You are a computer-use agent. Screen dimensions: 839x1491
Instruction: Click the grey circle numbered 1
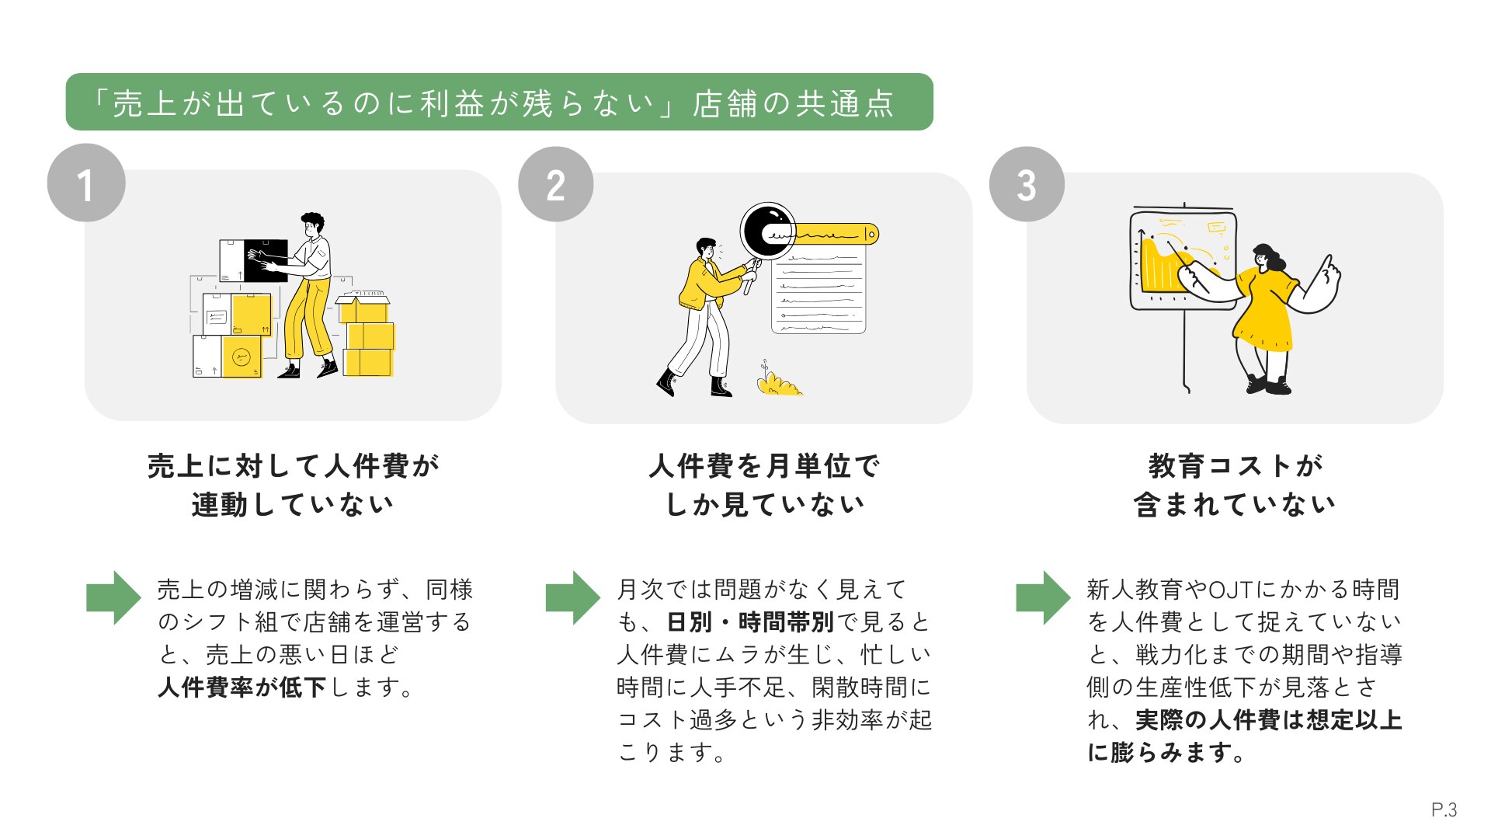pyautogui.click(x=86, y=183)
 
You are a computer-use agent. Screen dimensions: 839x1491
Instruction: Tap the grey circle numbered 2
pyautogui.click(x=556, y=185)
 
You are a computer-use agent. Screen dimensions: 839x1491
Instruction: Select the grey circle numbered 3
pyautogui.click(x=1027, y=185)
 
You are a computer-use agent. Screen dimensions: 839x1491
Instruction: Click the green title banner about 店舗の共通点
pyautogui.click(x=499, y=103)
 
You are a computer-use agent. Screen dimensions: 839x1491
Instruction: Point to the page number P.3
pyautogui.click(x=1444, y=809)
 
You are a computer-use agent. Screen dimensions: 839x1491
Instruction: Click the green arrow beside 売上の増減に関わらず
pyautogui.click(x=113, y=597)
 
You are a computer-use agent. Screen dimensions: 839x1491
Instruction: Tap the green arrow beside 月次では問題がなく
pyautogui.click(x=573, y=597)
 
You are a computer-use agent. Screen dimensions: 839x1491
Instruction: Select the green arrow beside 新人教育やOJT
pyautogui.click(x=1043, y=597)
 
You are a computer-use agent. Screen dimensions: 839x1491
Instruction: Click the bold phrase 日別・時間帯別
pyautogui.click(x=750, y=622)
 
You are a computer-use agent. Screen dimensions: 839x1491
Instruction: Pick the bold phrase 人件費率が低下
pyautogui.click(x=242, y=688)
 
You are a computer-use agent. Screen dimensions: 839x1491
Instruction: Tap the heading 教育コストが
pyautogui.click(x=1235, y=466)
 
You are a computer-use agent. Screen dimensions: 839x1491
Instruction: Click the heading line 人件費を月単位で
pyautogui.click(x=764, y=466)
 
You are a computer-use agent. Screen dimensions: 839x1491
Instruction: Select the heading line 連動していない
pyautogui.click(x=293, y=505)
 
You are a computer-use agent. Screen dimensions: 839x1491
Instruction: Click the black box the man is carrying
pyautogui.click(x=266, y=260)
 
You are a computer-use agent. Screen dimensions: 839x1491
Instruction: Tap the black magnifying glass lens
pyautogui.click(x=766, y=230)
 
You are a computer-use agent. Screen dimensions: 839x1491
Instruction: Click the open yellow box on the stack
pyautogui.click(x=363, y=308)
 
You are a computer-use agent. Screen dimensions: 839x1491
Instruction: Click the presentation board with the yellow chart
pyautogui.click(x=1183, y=260)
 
